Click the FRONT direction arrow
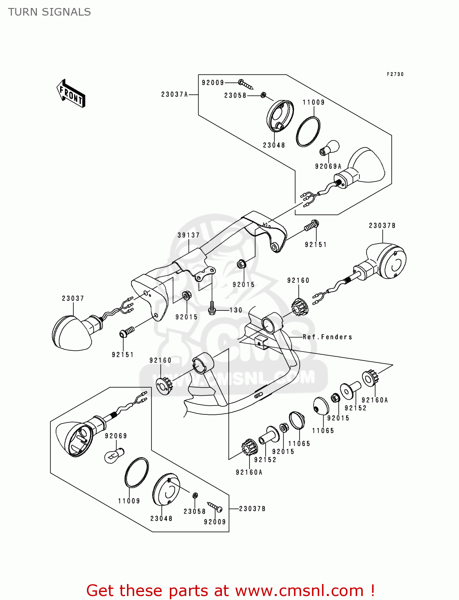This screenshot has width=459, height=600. [x=71, y=94]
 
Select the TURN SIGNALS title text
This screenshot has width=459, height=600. [x=49, y=12]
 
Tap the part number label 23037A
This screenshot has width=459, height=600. [x=174, y=94]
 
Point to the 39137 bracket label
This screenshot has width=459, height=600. [x=189, y=235]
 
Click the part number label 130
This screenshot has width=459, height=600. [x=236, y=310]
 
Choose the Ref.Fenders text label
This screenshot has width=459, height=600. [x=327, y=337]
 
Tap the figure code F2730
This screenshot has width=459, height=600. [x=395, y=74]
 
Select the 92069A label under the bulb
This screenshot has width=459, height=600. [x=328, y=166]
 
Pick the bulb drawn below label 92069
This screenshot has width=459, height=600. [x=114, y=455]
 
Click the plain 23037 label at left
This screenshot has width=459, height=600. [x=73, y=298]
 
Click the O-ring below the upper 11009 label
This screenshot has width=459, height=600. [x=308, y=132]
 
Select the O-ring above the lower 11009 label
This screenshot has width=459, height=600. [x=137, y=472]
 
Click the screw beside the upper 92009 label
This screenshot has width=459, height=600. [x=246, y=84]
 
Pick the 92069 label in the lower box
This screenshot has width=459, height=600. [x=116, y=436]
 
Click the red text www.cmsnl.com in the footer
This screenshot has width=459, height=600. [x=299, y=590]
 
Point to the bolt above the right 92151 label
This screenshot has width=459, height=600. [x=311, y=226]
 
